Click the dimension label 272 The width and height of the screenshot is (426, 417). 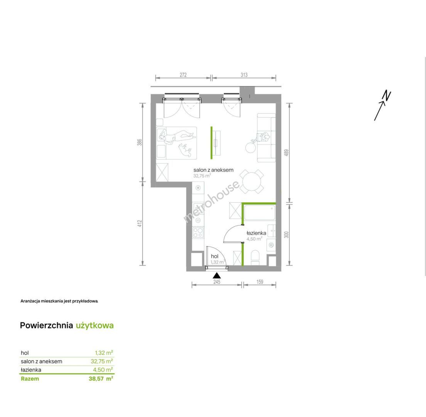tap(183, 75)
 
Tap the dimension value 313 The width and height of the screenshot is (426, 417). tap(244, 75)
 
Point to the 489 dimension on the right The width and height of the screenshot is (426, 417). tap(286, 153)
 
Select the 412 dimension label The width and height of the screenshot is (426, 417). tap(140, 224)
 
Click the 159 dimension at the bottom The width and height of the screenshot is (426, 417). tap(260, 282)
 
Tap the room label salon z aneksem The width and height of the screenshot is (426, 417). tap(213, 170)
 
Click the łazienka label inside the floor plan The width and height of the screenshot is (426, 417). tap(256, 233)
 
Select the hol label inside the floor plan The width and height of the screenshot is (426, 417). tap(215, 256)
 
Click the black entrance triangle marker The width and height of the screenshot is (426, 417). tap(216, 275)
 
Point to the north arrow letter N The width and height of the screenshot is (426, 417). tap(387, 96)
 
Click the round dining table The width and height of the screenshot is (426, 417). tap(252, 181)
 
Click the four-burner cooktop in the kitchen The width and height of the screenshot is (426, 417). tap(198, 232)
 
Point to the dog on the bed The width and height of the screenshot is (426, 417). tap(185, 149)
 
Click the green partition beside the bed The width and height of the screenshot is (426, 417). tap(211, 142)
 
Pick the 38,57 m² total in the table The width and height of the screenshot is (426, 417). tap(101, 378)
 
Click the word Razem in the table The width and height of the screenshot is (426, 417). tap(30, 379)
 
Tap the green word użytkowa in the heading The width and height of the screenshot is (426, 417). tap(95, 325)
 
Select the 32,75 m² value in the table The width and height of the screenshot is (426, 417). tap(102, 361)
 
